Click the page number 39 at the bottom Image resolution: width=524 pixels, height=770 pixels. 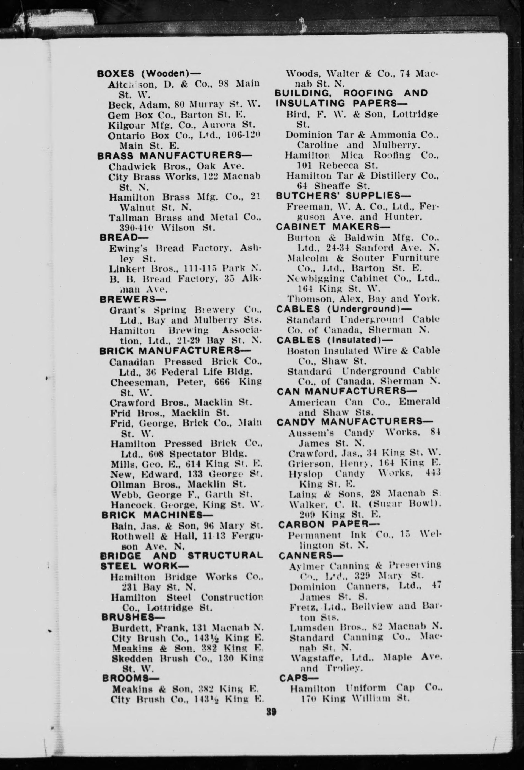pos(271,712)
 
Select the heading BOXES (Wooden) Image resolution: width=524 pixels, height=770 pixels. pos(149,74)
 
